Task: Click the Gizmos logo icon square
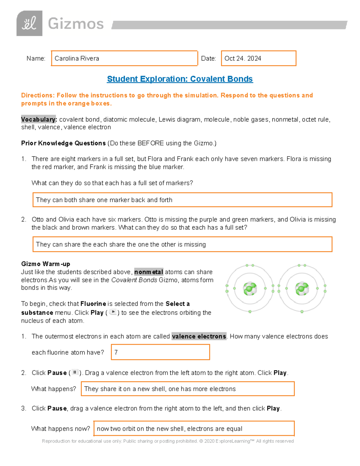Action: coord(29,23)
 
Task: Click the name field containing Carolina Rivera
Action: coord(124,58)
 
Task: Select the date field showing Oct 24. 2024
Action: coord(258,58)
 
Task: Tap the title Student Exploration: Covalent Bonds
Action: coord(180,79)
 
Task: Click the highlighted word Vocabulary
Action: coord(39,119)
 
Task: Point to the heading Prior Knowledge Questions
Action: coord(63,143)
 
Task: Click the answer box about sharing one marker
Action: coord(182,200)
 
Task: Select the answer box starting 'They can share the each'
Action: coord(182,244)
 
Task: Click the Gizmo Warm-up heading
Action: coord(46,264)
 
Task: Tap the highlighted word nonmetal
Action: coord(148,272)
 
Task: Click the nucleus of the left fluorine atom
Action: coord(250,289)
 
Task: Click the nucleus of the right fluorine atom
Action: coord(302,289)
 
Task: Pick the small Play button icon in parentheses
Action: coord(113,312)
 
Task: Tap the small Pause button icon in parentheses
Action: coord(75,372)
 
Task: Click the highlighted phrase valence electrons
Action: coord(199,336)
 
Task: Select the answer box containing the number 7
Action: coord(160,352)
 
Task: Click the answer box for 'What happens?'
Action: coord(187,389)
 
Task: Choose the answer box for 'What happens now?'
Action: coord(194,428)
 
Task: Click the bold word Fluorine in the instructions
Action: coord(93,304)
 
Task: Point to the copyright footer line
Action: coord(168,441)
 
